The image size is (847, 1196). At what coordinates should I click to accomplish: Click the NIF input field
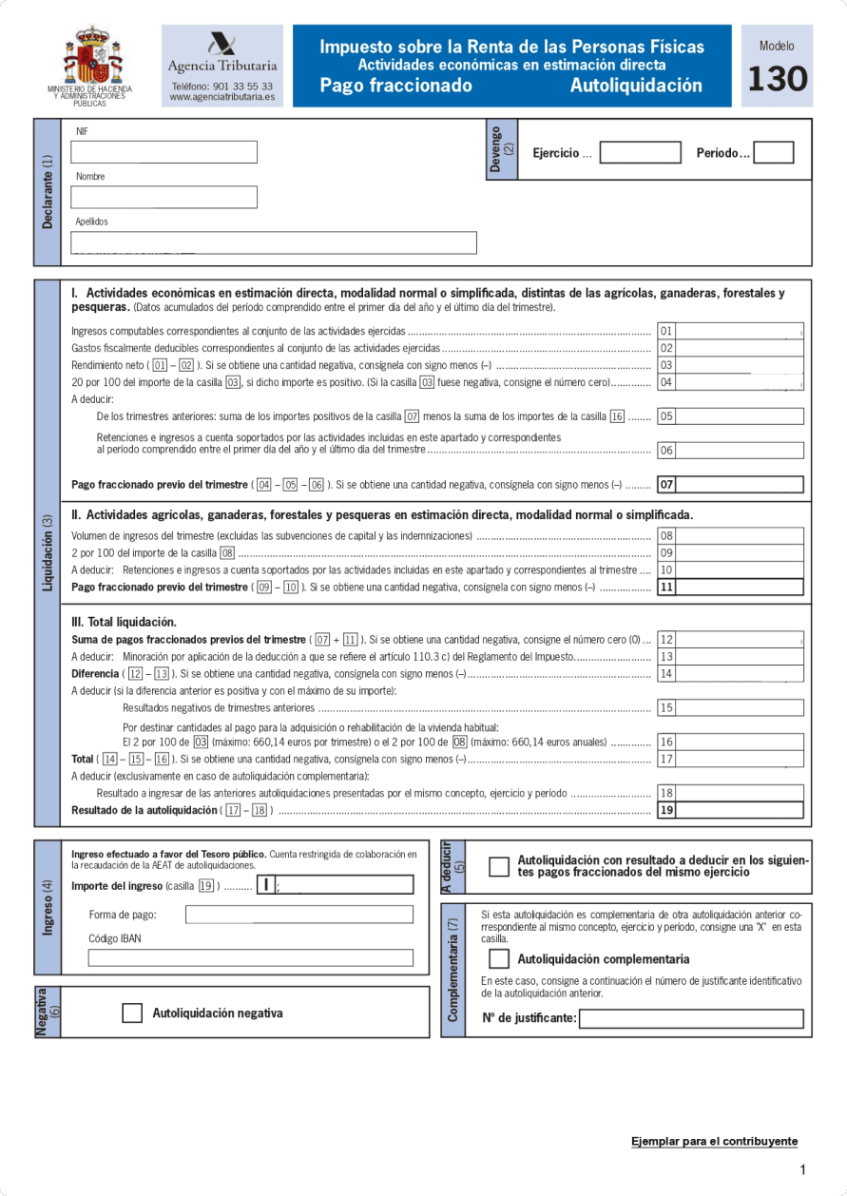(164, 152)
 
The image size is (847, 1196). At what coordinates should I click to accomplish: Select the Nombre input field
(164, 197)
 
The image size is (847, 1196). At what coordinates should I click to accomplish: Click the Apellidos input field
(274, 242)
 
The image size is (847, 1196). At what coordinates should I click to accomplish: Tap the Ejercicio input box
(640, 153)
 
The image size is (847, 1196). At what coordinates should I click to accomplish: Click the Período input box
(773, 153)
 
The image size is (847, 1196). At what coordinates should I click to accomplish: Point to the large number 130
(777, 80)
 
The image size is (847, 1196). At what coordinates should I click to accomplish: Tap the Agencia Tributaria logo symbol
(222, 45)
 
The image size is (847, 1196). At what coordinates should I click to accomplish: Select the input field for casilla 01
(740, 331)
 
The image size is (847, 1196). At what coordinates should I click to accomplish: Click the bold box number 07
(666, 485)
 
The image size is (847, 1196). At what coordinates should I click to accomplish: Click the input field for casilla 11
(740, 588)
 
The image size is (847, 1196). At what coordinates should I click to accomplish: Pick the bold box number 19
(666, 811)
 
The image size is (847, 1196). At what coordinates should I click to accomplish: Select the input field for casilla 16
(740, 743)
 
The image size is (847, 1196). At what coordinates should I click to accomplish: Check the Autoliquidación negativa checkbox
(132, 1013)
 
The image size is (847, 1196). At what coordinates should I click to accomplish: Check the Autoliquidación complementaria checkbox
(499, 959)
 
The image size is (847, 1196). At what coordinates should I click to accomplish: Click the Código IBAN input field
(251, 957)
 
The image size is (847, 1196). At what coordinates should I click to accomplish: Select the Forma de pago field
(299, 915)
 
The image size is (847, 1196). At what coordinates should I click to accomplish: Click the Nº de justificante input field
(691, 1019)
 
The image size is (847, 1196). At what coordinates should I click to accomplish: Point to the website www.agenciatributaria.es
(222, 97)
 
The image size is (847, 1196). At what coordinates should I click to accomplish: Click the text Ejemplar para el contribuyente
(714, 1141)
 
